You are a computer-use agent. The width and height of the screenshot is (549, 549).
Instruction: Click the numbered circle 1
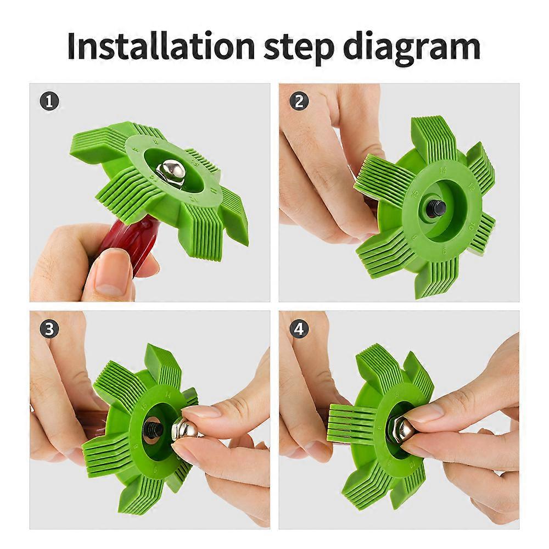pos(49,101)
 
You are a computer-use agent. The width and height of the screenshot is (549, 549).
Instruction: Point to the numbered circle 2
pos(299,101)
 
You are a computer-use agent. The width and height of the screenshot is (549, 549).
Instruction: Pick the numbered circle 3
pos(49,329)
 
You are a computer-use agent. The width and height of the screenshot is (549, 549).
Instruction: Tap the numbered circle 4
pos(299,329)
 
